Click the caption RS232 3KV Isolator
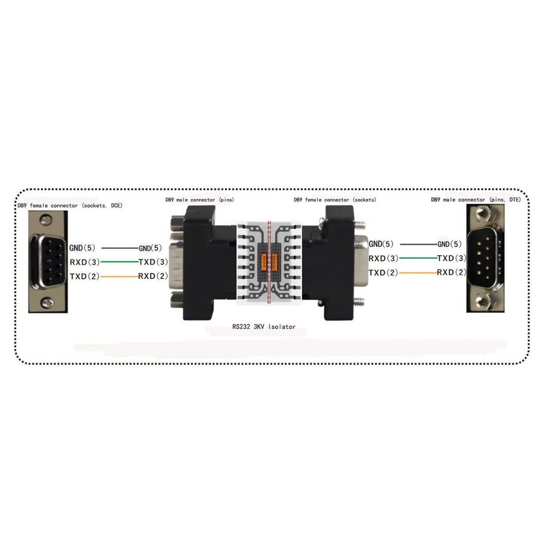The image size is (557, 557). (264, 327)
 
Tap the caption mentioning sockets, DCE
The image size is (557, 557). (70, 205)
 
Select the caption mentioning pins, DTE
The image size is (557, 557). (476, 200)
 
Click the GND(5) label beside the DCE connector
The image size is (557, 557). (83, 248)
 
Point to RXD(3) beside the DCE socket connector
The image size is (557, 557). (85, 262)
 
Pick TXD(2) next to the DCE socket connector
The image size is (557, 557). (85, 276)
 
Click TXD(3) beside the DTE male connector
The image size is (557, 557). (452, 258)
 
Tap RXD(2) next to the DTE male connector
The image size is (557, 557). (452, 272)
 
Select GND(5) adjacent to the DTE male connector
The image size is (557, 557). (449, 244)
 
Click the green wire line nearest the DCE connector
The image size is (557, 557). (120, 262)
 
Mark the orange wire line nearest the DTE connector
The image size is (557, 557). (418, 273)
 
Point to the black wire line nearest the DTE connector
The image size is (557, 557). (419, 245)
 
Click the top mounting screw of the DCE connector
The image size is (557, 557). (46, 220)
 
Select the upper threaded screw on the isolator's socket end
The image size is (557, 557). (360, 225)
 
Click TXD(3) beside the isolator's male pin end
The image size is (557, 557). (153, 262)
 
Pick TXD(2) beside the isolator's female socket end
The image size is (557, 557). (383, 273)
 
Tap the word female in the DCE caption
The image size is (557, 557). (38, 205)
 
